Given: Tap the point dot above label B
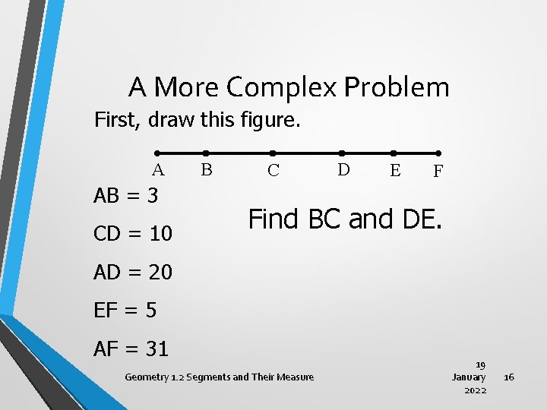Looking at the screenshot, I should tap(205, 153).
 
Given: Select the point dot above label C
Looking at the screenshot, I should tap(273, 153).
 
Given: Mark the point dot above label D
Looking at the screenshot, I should tap(342, 153).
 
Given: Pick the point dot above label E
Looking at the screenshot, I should tap(394, 153).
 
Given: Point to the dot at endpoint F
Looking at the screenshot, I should tap(438, 153).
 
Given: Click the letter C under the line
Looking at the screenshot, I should tap(273, 171).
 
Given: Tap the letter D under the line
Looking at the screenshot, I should tap(343, 170).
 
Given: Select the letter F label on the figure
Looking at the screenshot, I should tap(438, 172).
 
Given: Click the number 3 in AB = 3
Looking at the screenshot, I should tap(152, 196).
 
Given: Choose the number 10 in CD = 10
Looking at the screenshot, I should tap(160, 234).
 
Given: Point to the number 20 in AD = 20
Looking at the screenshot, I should tap(160, 272).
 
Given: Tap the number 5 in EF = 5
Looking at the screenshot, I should tap(151, 310).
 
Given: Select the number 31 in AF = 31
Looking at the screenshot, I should tap(157, 349).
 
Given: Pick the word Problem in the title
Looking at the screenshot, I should tap(397, 88).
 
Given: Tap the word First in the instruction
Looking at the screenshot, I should tap(116, 120).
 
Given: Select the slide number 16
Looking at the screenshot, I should tap(509, 377).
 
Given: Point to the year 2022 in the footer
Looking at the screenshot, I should tap(475, 390).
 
